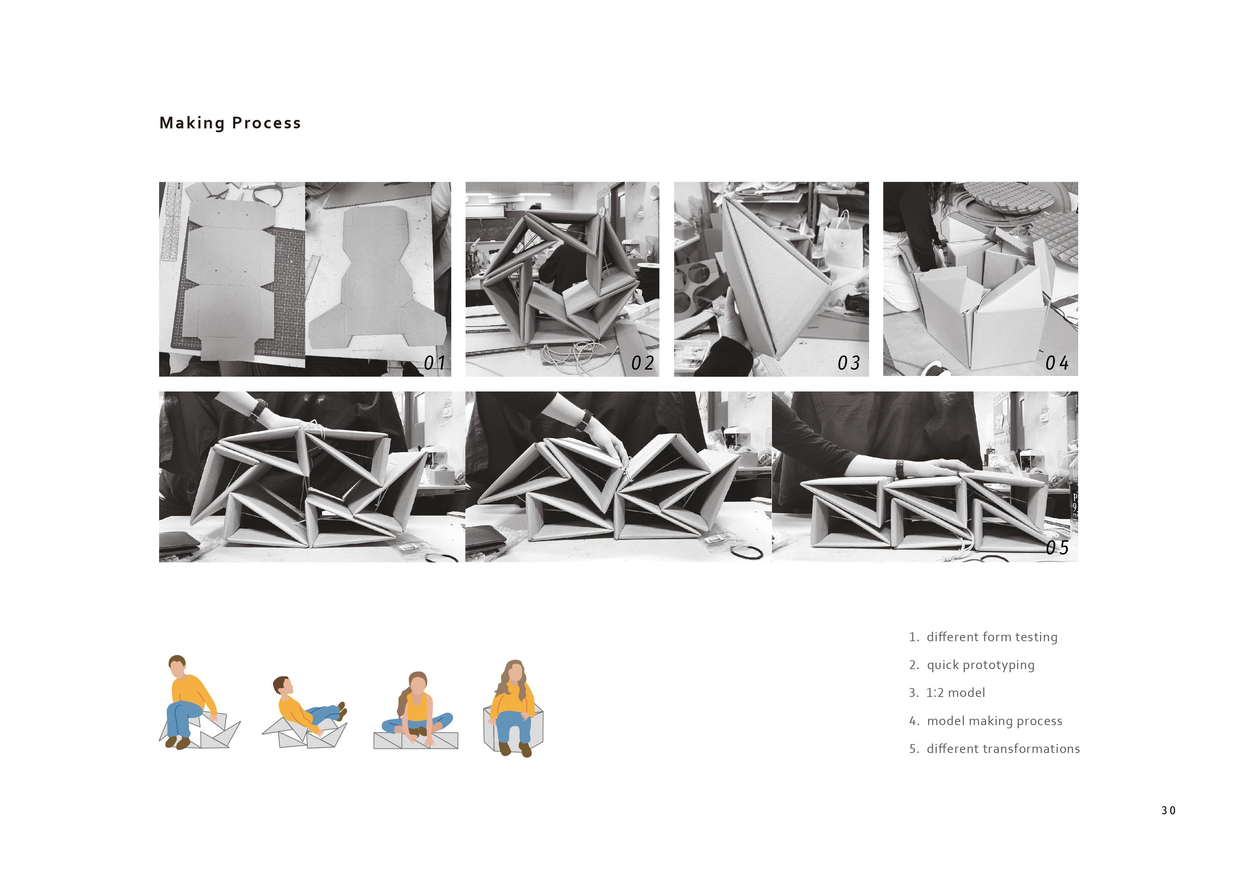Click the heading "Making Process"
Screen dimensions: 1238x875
click(x=230, y=123)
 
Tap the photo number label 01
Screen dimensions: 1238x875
click(x=435, y=363)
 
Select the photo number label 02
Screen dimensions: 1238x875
click(x=643, y=363)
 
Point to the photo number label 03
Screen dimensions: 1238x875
click(x=849, y=363)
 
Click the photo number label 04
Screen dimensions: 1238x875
click(x=1057, y=363)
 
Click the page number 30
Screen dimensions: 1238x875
click(x=1169, y=810)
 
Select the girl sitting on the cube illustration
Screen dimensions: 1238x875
click(x=513, y=707)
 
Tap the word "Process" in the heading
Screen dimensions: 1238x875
click(x=266, y=123)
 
